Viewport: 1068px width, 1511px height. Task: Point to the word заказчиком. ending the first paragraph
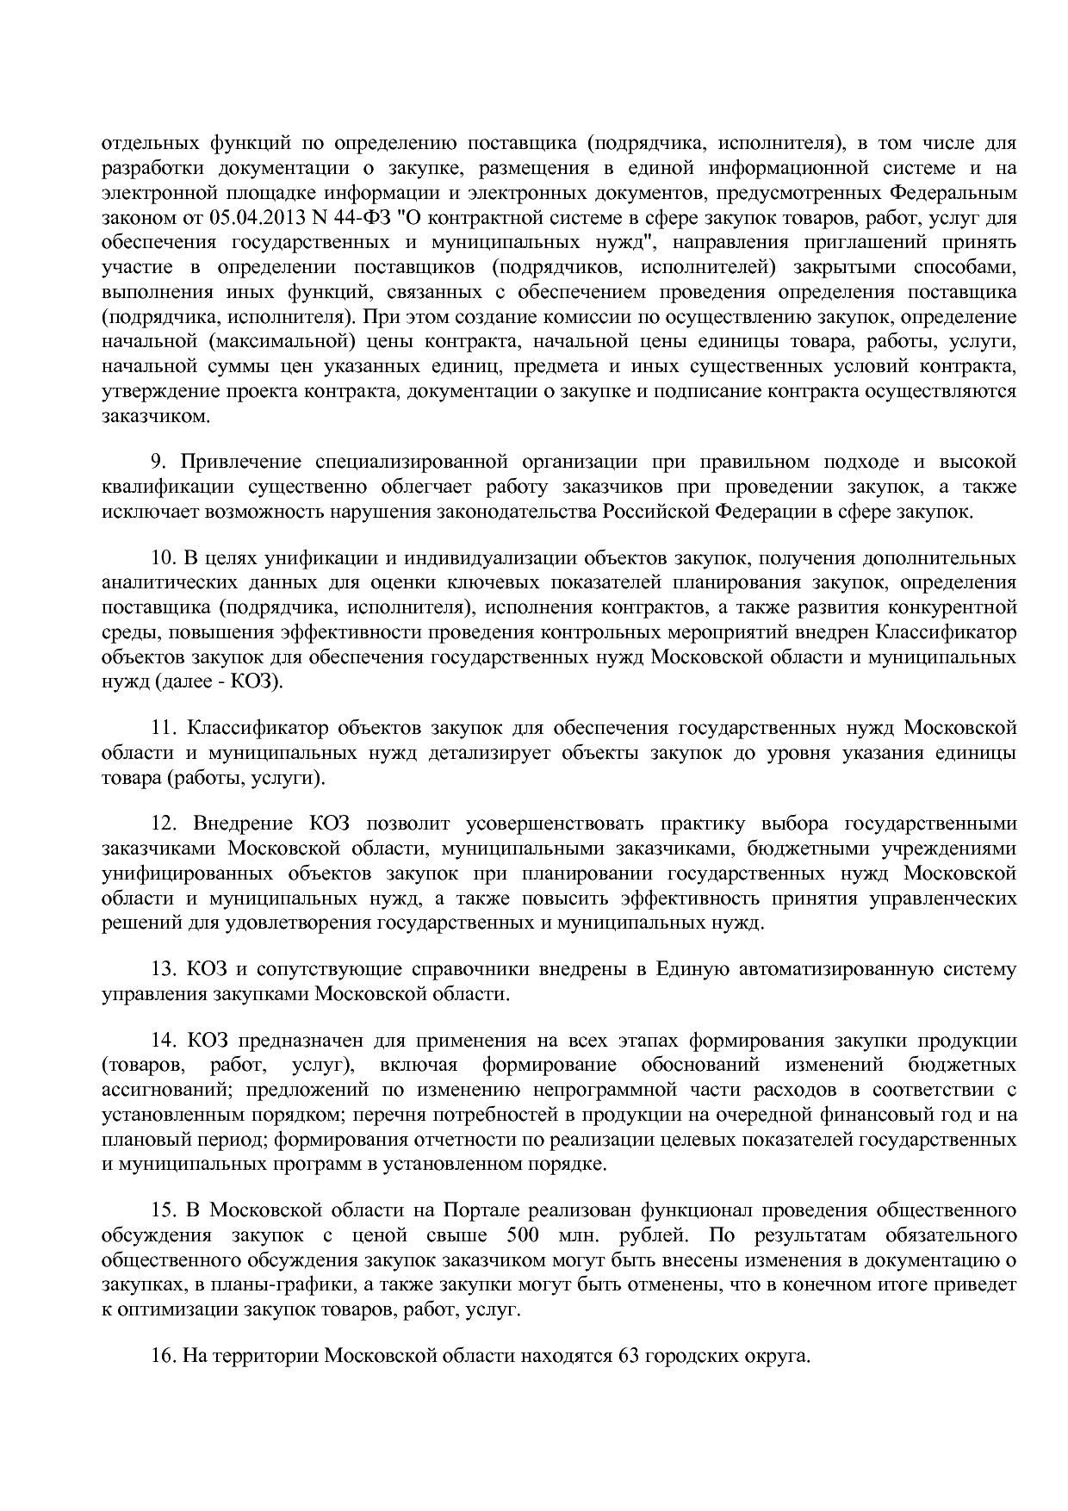(x=156, y=417)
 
